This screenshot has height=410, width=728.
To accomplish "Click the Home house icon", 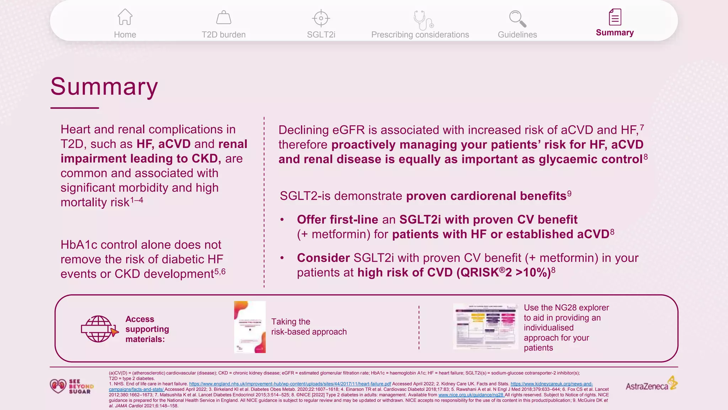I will [x=125, y=17].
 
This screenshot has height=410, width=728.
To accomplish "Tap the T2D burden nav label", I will [x=224, y=35].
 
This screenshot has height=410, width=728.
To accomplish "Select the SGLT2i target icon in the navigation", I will [x=321, y=18].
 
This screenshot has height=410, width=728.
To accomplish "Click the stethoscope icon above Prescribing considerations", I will [x=422, y=20].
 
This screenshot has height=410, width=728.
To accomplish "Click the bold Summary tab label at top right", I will [x=615, y=33].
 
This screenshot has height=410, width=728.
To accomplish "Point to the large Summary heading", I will [x=104, y=86].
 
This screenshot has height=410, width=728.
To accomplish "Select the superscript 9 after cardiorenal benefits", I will [x=569, y=194].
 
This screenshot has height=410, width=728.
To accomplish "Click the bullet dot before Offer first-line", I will [x=282, y=220].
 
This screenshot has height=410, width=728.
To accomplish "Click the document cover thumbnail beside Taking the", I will [x=250, y=327].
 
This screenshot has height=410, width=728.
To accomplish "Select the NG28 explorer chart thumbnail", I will [x=485, y=326].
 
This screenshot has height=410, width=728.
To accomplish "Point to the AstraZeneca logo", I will [x=651, y=385].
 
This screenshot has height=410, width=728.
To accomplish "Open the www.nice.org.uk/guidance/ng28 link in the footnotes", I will [x=471, y=395].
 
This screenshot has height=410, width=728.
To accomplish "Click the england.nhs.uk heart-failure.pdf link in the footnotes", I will [x=290, y=384].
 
